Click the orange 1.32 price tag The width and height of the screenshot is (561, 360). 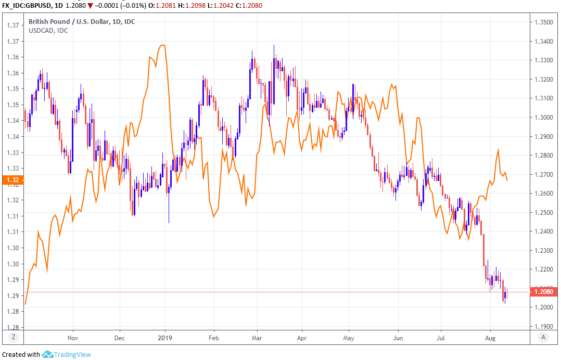coord(13,181)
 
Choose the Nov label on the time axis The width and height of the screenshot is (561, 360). coord(73,337)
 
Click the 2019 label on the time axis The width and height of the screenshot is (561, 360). coord(165,337)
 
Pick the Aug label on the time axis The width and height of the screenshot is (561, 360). coord(490,337)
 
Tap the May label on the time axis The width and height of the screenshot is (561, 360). coord(349,337)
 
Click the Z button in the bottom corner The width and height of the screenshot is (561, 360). coord(14,337)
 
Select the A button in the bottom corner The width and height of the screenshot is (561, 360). coord(543,337)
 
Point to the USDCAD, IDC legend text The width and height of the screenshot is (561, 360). coord(47,30)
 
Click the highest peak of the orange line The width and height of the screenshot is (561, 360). coord(163,46)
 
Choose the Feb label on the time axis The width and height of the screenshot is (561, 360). coord(214,337)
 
